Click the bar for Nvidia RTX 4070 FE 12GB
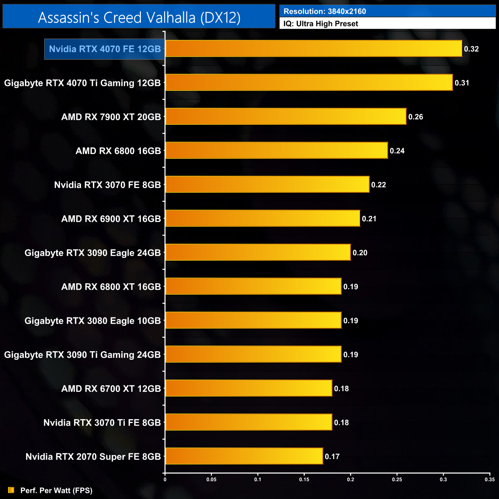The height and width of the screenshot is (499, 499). click(x=313, y=49)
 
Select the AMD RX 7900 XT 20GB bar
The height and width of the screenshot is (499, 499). click(x=286, y=117)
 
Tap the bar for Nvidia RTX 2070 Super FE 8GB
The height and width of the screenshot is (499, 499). click(x=244, y=456)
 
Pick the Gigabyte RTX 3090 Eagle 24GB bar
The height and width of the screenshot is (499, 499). click(x=258, y=253)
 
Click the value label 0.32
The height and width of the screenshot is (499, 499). click(x=471, y=49)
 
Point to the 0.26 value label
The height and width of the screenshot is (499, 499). click(x=416, y=117)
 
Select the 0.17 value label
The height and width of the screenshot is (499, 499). click(x=332, y=457)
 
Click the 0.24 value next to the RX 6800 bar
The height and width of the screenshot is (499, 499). click(x=397, y=151)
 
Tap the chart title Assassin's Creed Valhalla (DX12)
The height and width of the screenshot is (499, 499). click(x=139, y=18)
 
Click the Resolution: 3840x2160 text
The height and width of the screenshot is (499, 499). click(x=325, y=12)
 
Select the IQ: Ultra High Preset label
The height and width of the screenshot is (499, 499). click(x=321, y=24)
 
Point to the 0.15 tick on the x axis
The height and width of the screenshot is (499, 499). click(x=304, y=479)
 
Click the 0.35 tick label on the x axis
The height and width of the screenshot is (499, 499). click(x=489, y=479)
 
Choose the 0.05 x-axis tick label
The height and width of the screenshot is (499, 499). click(x=211, y=479)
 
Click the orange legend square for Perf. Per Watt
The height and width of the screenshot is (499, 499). click(x=11, y=490)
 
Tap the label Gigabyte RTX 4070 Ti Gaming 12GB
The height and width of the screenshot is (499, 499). click(x=82, y=83)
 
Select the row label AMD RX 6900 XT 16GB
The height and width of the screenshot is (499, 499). click(x=111, y=219)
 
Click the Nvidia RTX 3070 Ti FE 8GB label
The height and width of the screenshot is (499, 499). click(x=102, y=423)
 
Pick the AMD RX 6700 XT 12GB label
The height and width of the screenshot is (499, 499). click(x=111, y=389)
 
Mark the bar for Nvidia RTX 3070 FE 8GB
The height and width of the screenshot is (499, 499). click(x=267, y=185)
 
